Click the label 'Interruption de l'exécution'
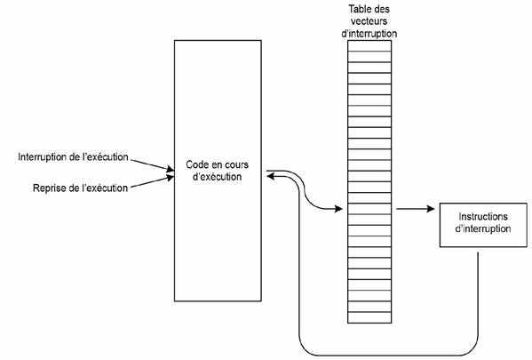click(x=73, y=157)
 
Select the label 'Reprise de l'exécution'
click(x=80, y=188)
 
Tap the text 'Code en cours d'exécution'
click(x=217, y=171)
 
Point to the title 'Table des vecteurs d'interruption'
click(x=369, y=21)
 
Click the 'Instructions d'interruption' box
click(x=483, y=225)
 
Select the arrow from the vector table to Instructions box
click(x=416, y=209)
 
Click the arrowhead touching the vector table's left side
click(x=338, y=209)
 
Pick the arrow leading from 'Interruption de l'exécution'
click(x=153, y=164)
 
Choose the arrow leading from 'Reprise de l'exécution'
click(x=153, y=182)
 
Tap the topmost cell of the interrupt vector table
click(x=369, y=46)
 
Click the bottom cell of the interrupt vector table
click(x=369, y=317)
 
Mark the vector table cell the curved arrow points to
click(x=369, y=209)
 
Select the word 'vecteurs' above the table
click(x=369, y=21)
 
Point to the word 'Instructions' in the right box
click(x=483, y=216)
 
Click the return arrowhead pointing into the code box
click(x=271, y=176)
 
